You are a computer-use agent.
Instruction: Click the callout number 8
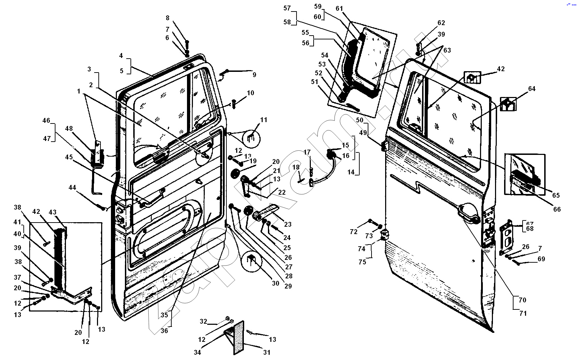pos(167,18)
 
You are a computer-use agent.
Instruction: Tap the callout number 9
pos(254,75)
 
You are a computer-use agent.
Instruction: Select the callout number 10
pos(250,93)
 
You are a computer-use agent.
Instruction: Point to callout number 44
pos(72,188)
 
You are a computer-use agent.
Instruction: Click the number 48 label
pos(69,128)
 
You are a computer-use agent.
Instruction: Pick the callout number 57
pos(287,8)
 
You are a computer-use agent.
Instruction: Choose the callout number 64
pos(532,89)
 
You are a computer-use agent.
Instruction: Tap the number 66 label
pos(557,209)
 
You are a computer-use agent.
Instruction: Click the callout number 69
pos(541,259)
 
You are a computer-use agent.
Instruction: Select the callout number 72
pos(353,232)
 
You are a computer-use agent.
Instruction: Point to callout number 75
pos(362,262)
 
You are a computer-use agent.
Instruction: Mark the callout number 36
pos(164,330)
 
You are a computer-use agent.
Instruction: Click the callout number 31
pos(267,352)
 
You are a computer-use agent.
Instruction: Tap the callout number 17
pos(307,152)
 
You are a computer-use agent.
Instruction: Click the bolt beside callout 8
pos(187,45)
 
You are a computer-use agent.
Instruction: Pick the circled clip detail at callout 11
pos(252,138)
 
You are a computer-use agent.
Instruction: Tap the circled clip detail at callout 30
pos(252,260)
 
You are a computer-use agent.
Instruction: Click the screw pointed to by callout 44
pos(103,209)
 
